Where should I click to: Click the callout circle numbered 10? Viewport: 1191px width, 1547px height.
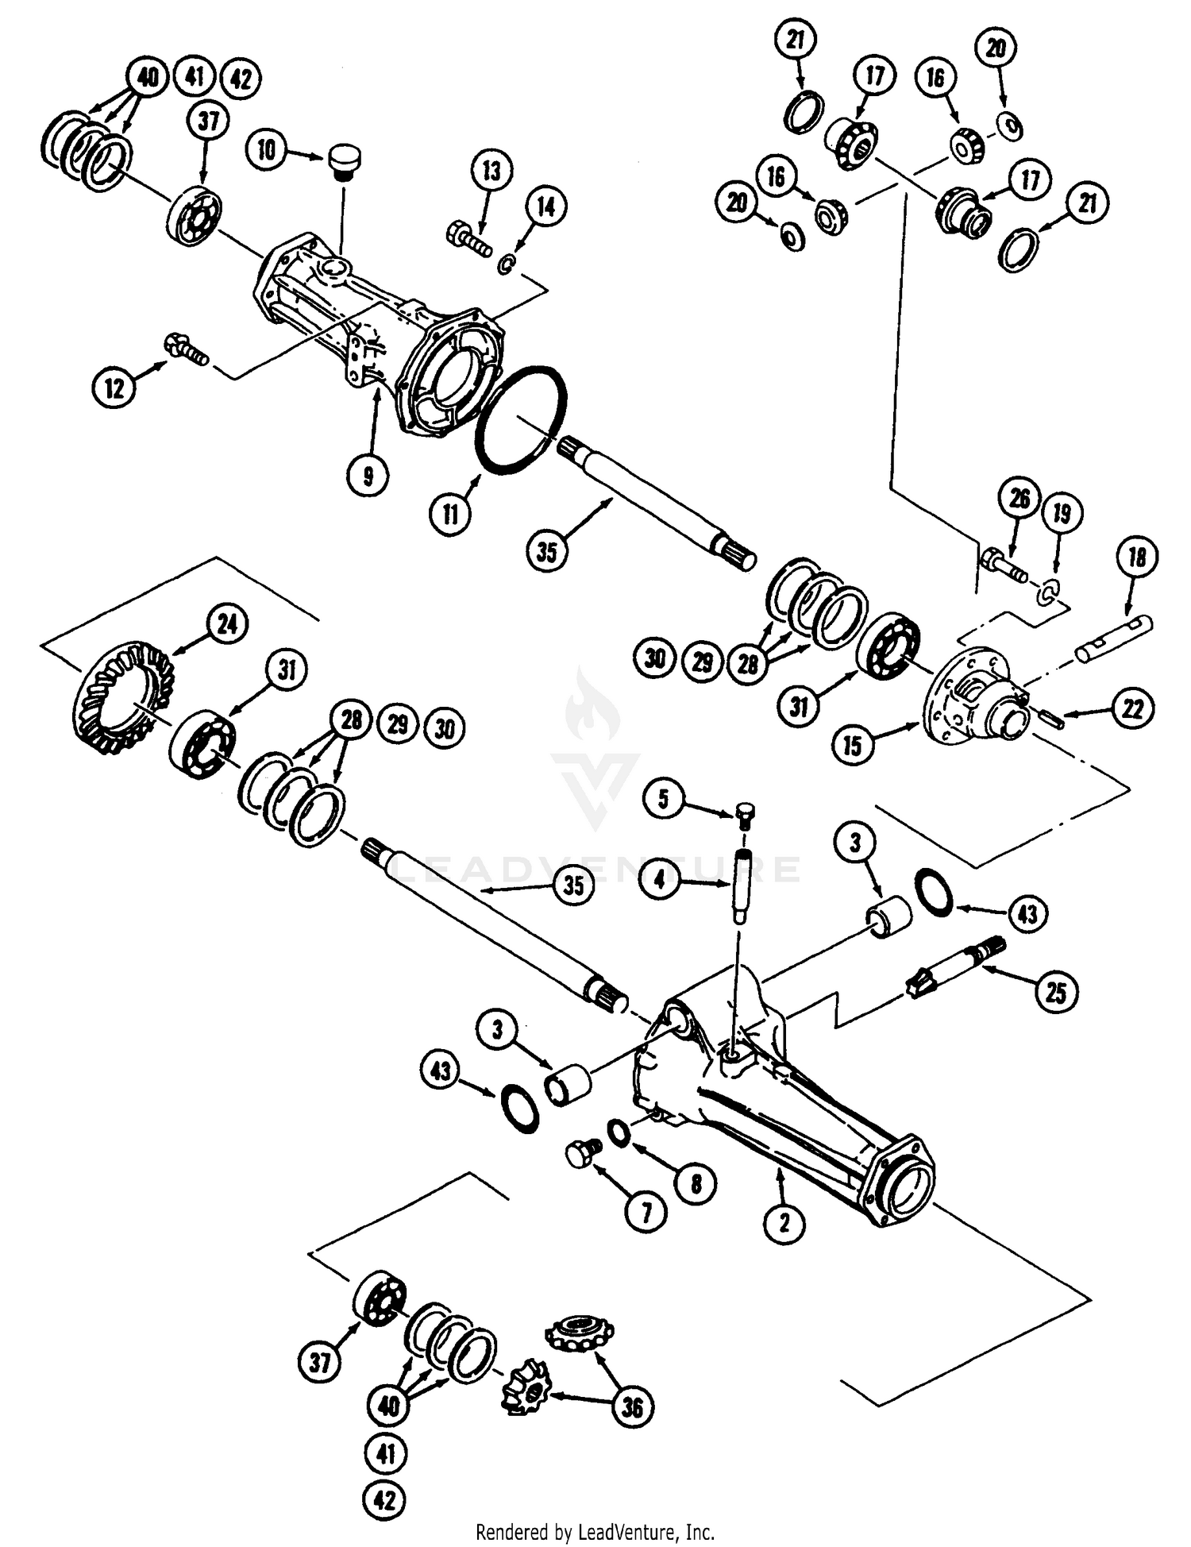point(267,149)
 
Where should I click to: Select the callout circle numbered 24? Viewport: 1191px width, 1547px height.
point(227,624)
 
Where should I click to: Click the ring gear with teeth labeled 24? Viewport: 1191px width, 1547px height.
point(123,698)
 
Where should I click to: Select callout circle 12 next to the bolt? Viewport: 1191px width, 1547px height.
point(114,388)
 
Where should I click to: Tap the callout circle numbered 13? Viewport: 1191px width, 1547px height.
point(491,170)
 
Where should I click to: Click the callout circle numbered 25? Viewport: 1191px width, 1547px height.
point(1056,992)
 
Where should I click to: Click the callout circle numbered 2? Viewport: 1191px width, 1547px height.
point(784,1222)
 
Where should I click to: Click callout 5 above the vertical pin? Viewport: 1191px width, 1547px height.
point(664,799)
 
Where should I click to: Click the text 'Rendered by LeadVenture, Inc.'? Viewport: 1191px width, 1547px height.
point(595,1531)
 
